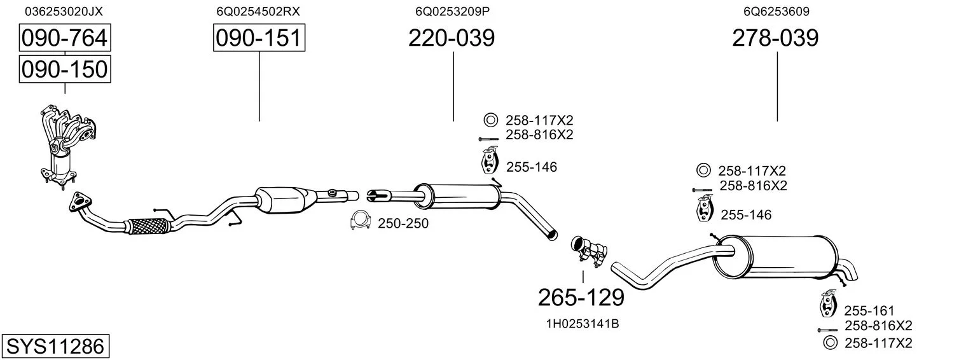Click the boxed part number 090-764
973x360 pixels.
(x=65, y=38)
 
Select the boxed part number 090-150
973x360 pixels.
(x=65, y=69)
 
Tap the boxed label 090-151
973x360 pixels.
(x=259, y=38)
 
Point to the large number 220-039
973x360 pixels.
(x=452, y=38)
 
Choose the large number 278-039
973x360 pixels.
(x=775, y=38)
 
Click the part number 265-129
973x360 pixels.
(x=581, y=298)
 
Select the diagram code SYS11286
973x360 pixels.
(x=55, y=346)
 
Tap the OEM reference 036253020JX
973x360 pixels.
(x=64, y=11)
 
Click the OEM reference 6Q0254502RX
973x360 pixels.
(x=258, y=11)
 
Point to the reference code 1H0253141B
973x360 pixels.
(x=583, y=324)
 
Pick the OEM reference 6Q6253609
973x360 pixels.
(x=776, y=11)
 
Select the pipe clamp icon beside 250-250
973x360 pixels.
(x=360, y=221)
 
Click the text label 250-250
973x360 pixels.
(x=403, y=223)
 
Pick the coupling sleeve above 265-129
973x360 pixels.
(x=589, y=249)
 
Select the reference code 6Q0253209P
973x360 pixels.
(x=452, y=11)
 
